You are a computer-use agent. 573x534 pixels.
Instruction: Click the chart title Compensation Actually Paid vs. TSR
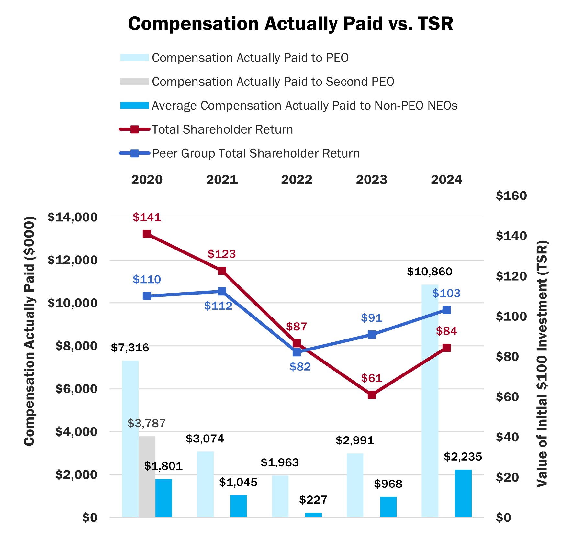(x=290, y=24)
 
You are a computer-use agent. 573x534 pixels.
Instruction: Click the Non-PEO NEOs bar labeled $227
(x=313, y=515)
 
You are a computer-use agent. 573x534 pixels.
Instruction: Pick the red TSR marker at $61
(x=372, y=395)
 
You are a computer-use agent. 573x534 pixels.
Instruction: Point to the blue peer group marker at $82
(x=297, y=352)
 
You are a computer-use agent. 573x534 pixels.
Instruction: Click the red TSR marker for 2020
(x=147, y=234)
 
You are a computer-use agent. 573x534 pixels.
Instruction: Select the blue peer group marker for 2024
(x=446, y=310)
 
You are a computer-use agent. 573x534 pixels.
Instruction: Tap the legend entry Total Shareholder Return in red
(x=222, y=129)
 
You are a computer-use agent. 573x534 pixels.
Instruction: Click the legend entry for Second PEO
(x=273, y=82)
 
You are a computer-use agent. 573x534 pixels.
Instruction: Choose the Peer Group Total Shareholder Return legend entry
(x=255, y=153)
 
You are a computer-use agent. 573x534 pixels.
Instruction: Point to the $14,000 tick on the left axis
(x=73, y=217)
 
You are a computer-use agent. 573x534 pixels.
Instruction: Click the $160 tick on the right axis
(x=511, y=196)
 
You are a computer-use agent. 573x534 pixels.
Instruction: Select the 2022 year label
(x=297, y=180)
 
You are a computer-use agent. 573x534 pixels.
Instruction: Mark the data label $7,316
(x=130, y=348)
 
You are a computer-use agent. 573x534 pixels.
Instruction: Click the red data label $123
(x=222, y=254)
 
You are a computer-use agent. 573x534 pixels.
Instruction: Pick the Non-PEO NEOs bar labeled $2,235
(x=463, y=493)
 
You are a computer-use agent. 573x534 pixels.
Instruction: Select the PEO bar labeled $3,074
(x=205, y=484)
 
